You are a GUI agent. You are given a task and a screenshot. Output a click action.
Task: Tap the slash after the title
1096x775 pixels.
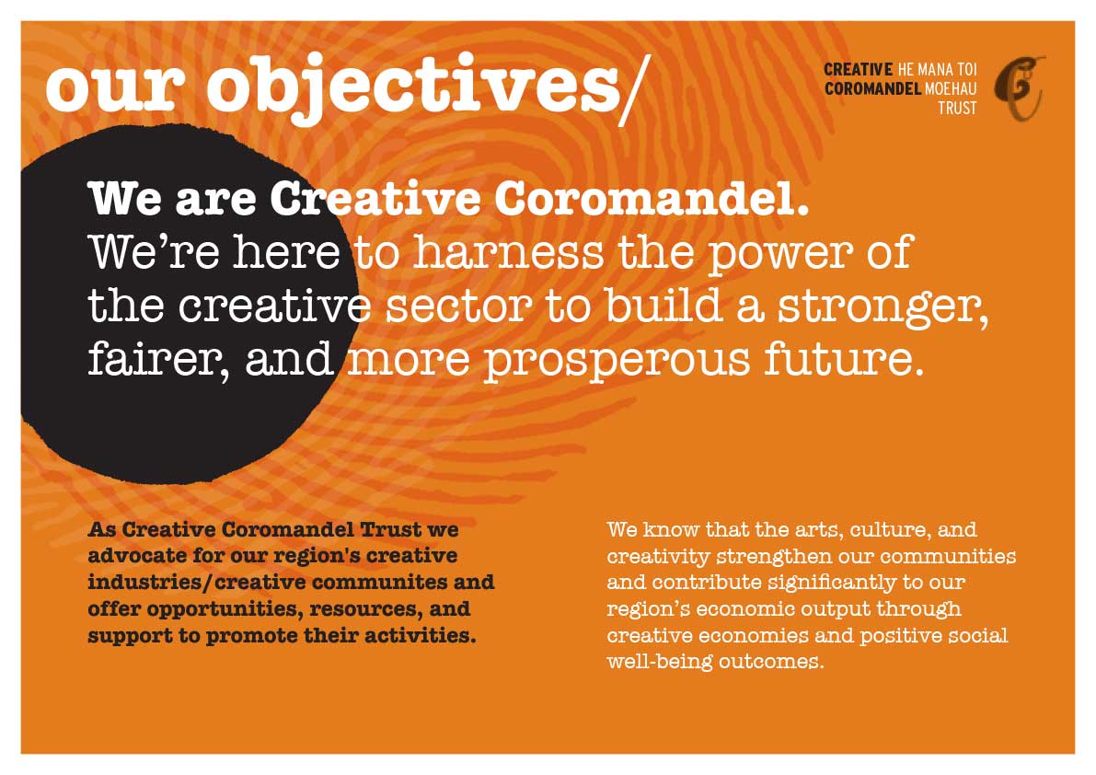pyautogui.click(x=635, y=89)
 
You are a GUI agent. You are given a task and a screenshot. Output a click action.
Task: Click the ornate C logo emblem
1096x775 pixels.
pyautogui.click(x=1020, y=88)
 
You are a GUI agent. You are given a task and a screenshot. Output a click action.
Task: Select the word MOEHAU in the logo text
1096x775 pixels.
pyautogui.click(x=951, y=88)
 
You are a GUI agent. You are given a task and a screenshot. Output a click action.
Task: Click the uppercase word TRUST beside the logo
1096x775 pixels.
pyautogui.click(x=957, y=109)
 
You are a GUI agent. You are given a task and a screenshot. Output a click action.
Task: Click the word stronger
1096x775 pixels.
pyautogui.click(x=883, y=308)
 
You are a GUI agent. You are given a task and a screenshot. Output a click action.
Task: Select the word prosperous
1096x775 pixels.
pyautogui.click(x=617, y=362)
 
